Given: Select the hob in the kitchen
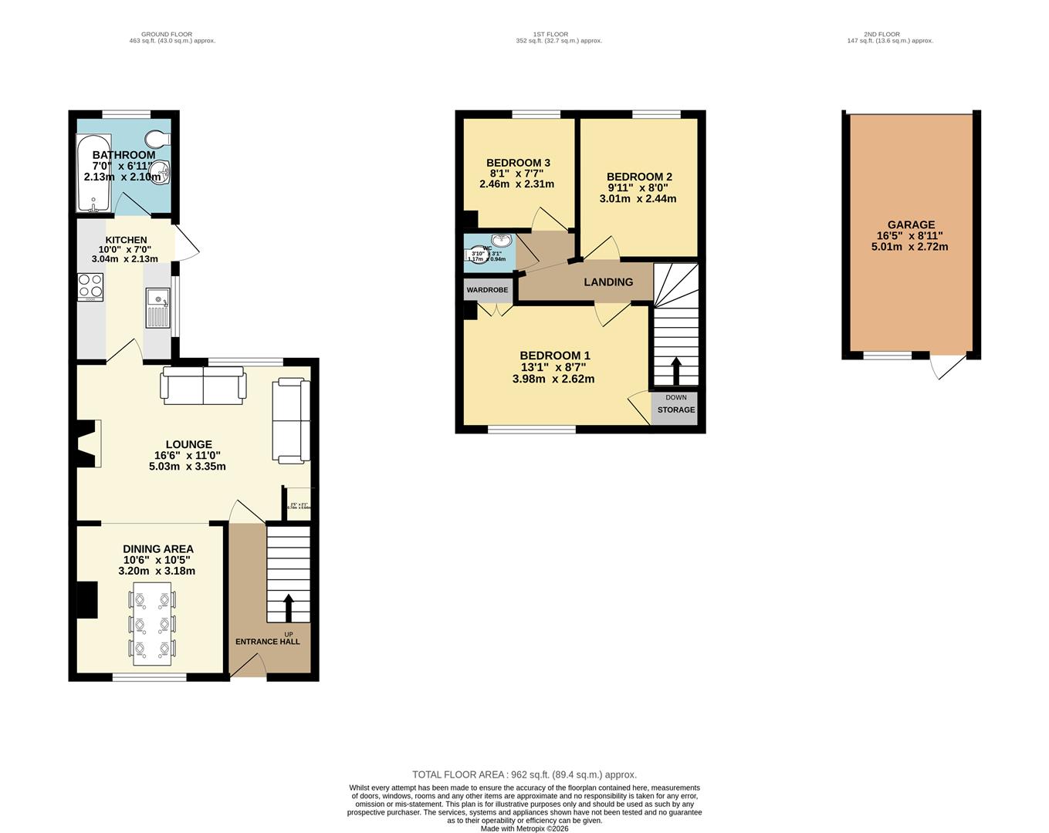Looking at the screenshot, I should tap(90, 287).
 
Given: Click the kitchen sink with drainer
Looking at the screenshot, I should tap(157, 307).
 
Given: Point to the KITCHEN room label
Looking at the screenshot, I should tap(126, 240).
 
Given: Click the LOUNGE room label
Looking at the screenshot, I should tap(188, 444).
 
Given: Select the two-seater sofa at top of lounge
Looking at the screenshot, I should tap(203, 386).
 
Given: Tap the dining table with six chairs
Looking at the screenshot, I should tap(152, 624).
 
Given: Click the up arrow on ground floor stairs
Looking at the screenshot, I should tap(289, 607).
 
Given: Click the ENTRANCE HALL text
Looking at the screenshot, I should tap(267, 642).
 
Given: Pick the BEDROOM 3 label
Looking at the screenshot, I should tap(518, 163).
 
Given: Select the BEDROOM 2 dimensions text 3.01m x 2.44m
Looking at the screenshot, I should tap(638, 198).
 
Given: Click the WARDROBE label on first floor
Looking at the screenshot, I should tap(487, 290).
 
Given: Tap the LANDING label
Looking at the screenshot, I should tap(608, 282).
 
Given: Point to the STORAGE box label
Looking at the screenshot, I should tap(676, 410).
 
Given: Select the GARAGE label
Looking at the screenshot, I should tap(911, 225).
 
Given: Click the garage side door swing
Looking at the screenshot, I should tap(948, 366).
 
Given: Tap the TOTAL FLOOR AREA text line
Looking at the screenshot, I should tap(524, 774).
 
